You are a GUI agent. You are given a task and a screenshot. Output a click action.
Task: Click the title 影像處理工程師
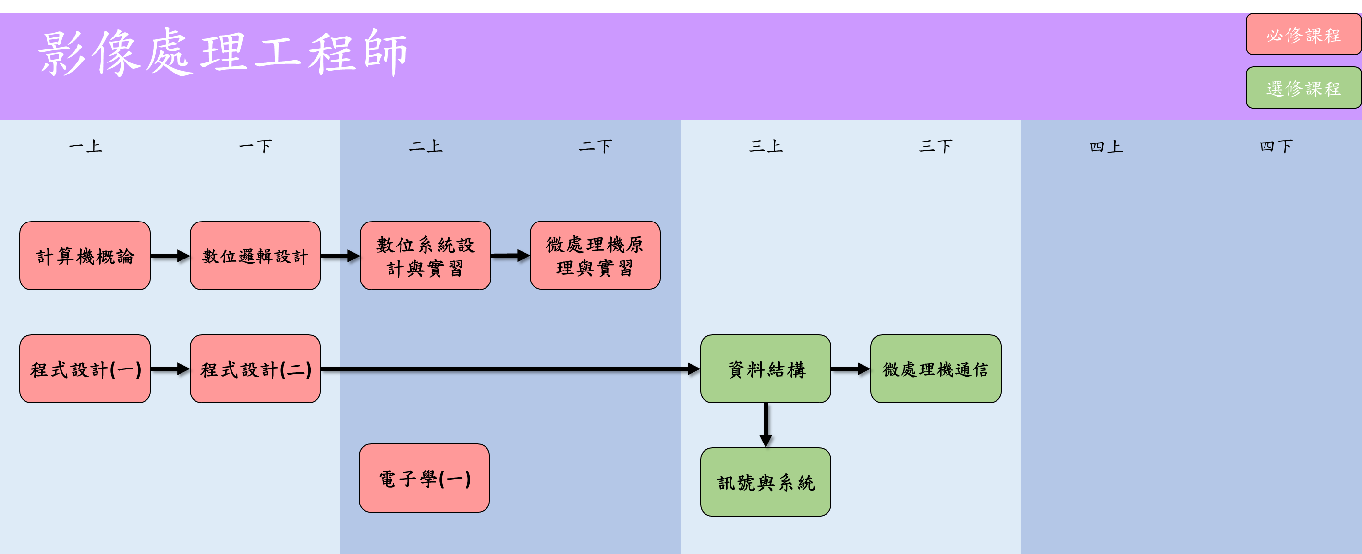pos(222,53)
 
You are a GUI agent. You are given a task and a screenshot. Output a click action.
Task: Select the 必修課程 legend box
pos(1303,35)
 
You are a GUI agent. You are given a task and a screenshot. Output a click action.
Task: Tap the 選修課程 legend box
pos(1303,88)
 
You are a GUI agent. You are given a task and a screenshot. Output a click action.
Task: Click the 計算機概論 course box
pos(85,256)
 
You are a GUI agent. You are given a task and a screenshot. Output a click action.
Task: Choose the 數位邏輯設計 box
pos(255,256)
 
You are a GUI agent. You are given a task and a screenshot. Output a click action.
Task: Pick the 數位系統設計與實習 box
pos(425,256)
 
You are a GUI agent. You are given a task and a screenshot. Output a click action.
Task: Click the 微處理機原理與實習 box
pos(595,256)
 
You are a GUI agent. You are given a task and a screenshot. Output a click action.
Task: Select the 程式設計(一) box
pos(85,369)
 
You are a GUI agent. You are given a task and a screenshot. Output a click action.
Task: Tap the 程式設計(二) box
pos(255,369)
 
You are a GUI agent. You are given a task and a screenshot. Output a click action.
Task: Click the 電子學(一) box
pos(424,479)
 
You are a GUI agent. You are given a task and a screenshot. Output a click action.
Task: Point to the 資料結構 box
pos(766,369)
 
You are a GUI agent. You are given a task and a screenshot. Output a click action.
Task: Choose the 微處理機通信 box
pos(936,369)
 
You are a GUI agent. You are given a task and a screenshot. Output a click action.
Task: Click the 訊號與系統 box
pos(766,482)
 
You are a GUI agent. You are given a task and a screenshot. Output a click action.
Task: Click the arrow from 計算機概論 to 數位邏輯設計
pos(170,256)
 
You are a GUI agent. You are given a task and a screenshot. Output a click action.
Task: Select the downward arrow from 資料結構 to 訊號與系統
pos(766,425)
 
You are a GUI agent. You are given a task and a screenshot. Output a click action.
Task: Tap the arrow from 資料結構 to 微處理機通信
pos(850,369)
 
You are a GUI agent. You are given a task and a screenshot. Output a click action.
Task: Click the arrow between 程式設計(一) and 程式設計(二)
pos(170,369)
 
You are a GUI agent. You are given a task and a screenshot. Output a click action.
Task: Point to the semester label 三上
pos(766,146)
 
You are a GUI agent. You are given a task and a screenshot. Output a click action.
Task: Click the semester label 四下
pos(1276,146)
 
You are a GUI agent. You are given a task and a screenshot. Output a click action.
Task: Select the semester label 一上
pos(85,146)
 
